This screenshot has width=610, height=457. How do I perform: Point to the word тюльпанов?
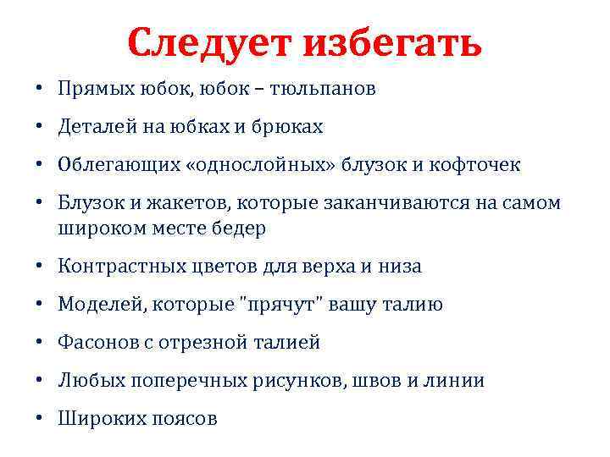coord(324,88)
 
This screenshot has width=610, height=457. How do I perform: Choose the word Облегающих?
coord(113,164)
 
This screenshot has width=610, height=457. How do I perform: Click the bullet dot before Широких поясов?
coord(40,419)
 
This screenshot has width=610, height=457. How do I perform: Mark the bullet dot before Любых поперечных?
coord(40,381)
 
